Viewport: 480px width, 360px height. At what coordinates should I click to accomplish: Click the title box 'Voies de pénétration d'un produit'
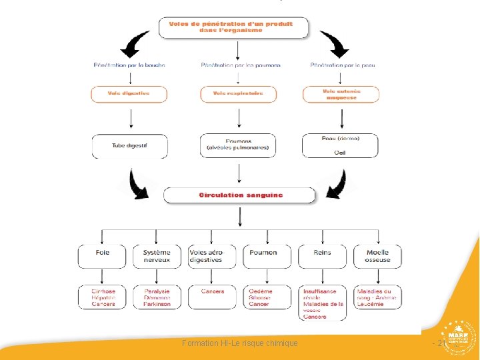(x=235, y=27)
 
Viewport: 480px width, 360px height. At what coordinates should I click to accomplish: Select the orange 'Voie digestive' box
(x=129, y=93)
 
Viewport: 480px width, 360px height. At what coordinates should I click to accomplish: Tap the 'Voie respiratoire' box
(x=238, y=93)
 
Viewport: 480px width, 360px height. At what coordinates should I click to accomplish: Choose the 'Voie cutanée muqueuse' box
(x=341, y=94)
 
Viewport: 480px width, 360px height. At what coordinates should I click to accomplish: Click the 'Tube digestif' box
(x=129, y=145)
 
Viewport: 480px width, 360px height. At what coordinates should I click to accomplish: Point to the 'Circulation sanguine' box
(x=240, y=195)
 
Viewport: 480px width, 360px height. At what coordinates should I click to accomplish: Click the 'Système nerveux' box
(x=156, y=256)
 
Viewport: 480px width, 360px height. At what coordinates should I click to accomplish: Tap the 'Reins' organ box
(x=322, y=256)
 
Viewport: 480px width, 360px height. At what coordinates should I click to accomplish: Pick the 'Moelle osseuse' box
(x=377, y=256)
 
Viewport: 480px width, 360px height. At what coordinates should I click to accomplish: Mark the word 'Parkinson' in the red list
(x=157, y=305)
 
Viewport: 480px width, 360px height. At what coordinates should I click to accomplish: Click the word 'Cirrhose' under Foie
(x=103, y=291)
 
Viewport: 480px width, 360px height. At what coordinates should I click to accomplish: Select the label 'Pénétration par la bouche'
(x=129, y=65)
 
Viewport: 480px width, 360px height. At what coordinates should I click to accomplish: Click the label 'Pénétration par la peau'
(x=343, y=65)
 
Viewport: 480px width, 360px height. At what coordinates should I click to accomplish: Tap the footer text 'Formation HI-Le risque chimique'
(x=240, y=343)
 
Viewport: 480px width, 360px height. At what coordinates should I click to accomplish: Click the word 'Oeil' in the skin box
(x=341, y=153)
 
